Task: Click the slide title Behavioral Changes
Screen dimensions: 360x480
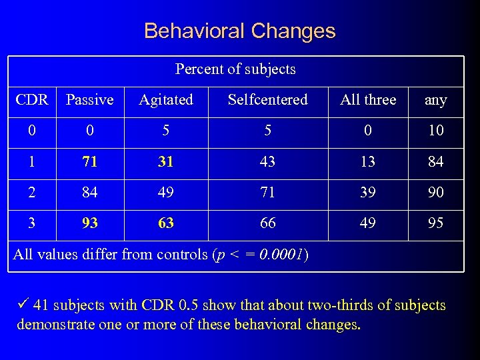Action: [239, 31]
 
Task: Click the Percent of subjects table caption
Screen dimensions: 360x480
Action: [235, 69]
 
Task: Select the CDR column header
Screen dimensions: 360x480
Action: [32, 100]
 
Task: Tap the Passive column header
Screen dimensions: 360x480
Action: [89, 100]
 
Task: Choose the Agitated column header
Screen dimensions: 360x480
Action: [166, 100]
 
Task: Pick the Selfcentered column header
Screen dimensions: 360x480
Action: [267, 100]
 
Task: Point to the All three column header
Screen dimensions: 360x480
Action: [368, 100]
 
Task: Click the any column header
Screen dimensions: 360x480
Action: [435, 100]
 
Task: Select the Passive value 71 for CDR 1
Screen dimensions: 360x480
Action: [89, 162]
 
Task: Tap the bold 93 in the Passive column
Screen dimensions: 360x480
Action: [89, 223]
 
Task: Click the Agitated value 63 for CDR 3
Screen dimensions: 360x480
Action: [166, 223]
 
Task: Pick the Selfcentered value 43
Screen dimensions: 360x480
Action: [267, 162]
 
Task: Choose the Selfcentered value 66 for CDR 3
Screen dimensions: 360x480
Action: [267, 223]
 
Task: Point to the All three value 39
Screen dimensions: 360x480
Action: [368, 193]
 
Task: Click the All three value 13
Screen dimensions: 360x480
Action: [368, 162]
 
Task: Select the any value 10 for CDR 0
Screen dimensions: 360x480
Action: [435, 131]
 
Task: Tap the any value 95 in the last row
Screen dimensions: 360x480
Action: [435, 223]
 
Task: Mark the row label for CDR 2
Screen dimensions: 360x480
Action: [32, 193]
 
